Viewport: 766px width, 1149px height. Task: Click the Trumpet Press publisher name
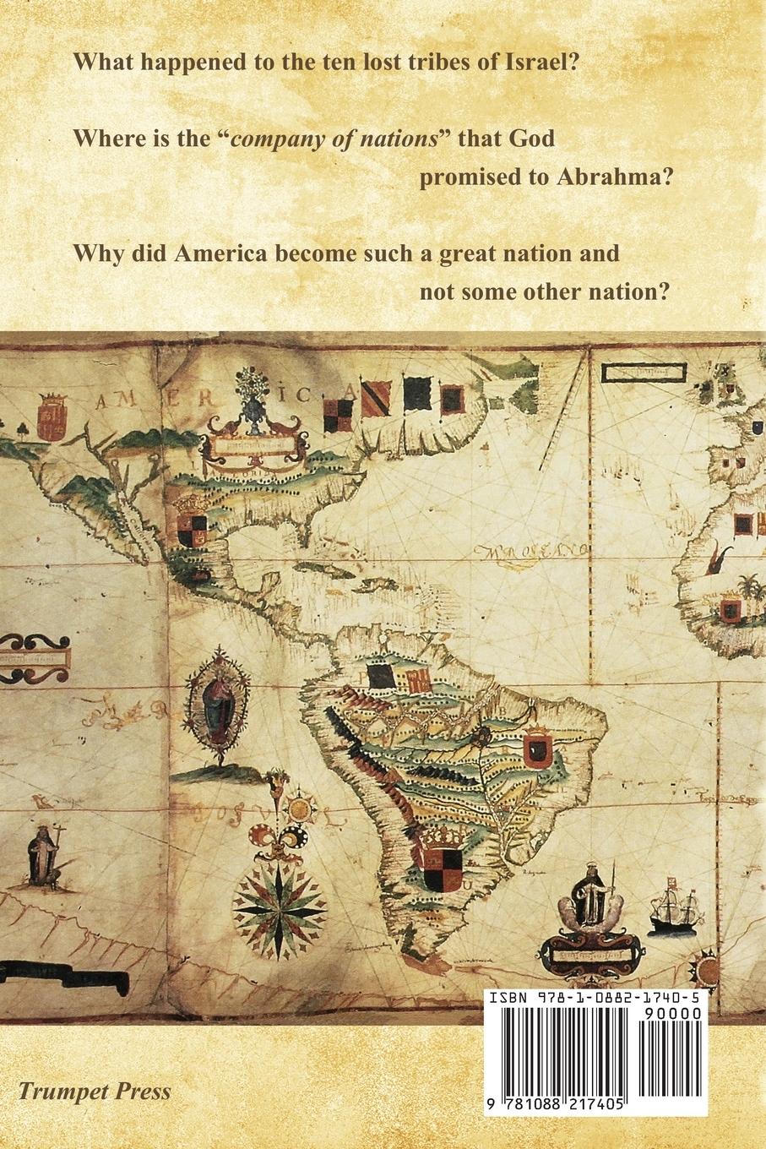(95, 1091)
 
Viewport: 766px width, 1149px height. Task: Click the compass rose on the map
(280, 907)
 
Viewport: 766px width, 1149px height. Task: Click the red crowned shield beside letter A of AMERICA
(52, 414)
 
